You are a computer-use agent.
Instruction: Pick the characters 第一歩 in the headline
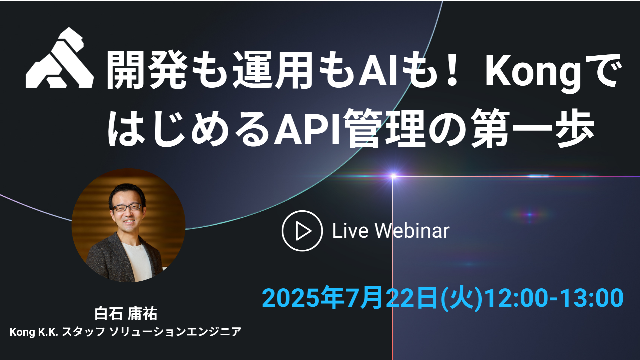533,128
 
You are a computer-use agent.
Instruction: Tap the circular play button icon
302,231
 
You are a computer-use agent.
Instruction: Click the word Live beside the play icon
350,231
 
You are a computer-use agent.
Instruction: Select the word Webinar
412,231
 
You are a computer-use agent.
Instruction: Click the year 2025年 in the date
304,298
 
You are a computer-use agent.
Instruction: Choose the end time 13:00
592,298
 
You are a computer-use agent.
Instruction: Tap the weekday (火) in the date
462,298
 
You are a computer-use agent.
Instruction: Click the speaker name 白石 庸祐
126,314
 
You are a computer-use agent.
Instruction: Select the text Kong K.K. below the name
34,332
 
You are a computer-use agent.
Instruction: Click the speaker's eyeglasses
127,207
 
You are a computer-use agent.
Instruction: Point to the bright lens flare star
393,176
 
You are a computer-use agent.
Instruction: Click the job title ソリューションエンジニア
175,332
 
